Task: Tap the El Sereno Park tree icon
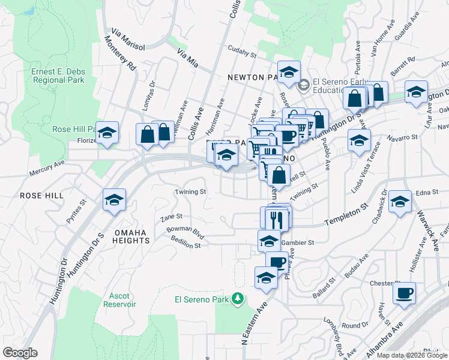coord(238,298)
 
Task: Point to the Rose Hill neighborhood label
coord(38,196)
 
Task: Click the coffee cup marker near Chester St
coord(404,293)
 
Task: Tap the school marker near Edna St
coord(399,202)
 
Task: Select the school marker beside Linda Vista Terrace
coord(358,141)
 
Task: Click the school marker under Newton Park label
coord(289,71)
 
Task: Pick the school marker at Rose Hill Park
coord(107,133)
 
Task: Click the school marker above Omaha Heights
coord(113,200)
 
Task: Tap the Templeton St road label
coord(346,214)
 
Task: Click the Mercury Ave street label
coord(46,169)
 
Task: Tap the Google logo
coord(20,353)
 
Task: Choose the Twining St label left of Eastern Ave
coord(190,193)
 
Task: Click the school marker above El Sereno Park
coord(265,277)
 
